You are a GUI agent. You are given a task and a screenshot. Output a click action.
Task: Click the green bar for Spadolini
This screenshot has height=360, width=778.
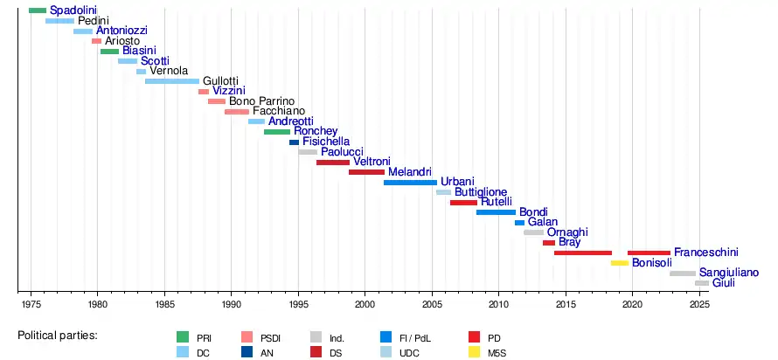point(38,10)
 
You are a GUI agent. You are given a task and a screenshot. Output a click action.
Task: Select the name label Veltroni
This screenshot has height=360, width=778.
point(372,162)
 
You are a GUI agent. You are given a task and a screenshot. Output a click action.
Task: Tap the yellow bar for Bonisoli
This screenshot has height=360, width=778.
point(620,263)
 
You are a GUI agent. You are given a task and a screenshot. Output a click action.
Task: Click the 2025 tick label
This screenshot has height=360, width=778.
point(698,304)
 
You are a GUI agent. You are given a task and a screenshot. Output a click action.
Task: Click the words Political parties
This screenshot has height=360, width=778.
point(58,336)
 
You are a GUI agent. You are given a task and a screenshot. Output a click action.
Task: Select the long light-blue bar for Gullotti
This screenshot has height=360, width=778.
point(172,81)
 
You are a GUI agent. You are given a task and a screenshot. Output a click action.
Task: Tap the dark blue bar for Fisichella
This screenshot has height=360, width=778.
point(294,142)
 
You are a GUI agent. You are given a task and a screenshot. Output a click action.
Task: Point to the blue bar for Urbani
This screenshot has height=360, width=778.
point(410,183)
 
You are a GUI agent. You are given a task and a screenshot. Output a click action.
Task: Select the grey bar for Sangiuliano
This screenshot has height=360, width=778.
point(683,273)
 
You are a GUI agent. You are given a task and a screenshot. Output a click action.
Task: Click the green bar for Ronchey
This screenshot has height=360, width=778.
point(277,132)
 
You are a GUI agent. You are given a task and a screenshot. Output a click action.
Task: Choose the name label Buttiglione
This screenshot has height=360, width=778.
point(481,192)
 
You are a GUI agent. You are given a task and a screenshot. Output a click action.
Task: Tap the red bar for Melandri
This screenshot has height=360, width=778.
point(366,172)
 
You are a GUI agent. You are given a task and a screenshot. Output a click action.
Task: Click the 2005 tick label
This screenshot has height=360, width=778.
point(431,304)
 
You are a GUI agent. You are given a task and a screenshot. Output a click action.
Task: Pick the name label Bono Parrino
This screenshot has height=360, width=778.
point(262,101)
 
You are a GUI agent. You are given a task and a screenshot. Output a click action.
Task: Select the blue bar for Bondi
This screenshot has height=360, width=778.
point(496,212)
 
